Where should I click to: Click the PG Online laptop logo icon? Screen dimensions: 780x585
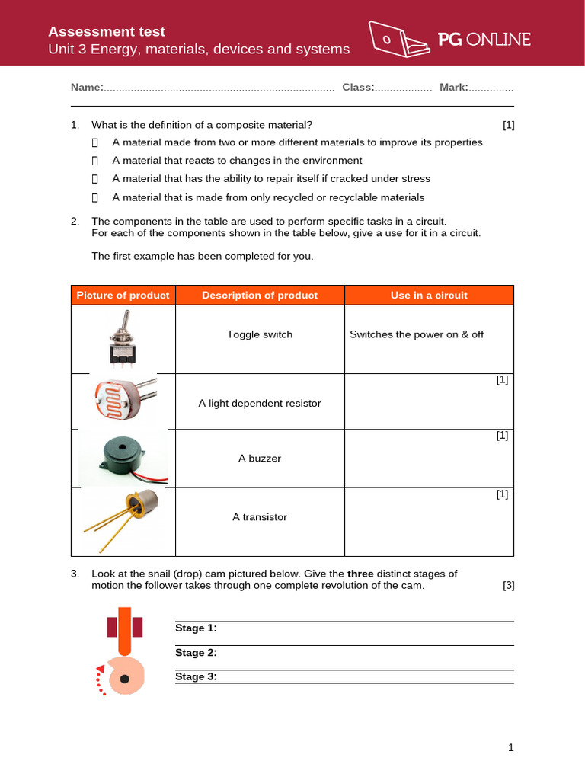(x=399, y=39)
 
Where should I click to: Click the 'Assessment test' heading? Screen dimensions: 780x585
(x=107, y=32)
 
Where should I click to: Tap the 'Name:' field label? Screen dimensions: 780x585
(x=87, y=88)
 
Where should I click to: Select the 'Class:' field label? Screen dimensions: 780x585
(x=358, y=88)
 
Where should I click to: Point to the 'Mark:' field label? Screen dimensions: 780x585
(x=454, y=88)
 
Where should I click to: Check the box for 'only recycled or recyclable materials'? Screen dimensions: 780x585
(x=95, y=198)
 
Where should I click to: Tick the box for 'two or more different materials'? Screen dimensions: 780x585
(x=95, y=142)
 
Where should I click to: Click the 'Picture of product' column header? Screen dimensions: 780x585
(x=123, y=296)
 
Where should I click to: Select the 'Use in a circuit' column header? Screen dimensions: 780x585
(x=429, y=296)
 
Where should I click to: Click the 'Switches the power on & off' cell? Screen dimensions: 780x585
(x=416, y=335)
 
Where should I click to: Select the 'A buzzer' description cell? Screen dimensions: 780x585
(x=260, y=459)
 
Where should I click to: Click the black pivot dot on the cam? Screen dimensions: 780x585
(x=123, y=677)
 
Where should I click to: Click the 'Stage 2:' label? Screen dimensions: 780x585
(x=196, y=653)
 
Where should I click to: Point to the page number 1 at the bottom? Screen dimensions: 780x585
(x=511, y=748)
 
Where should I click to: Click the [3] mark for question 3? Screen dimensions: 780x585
(x=509, y=586)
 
